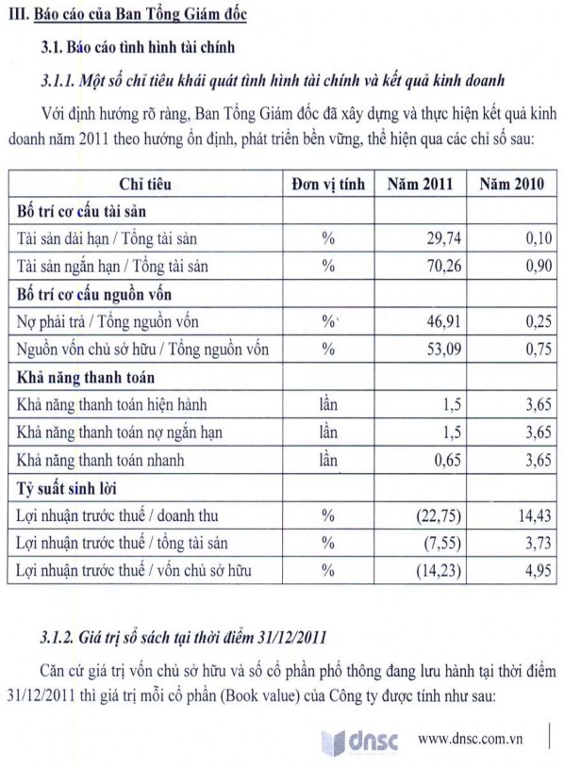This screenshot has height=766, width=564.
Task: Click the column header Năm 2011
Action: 418,183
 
